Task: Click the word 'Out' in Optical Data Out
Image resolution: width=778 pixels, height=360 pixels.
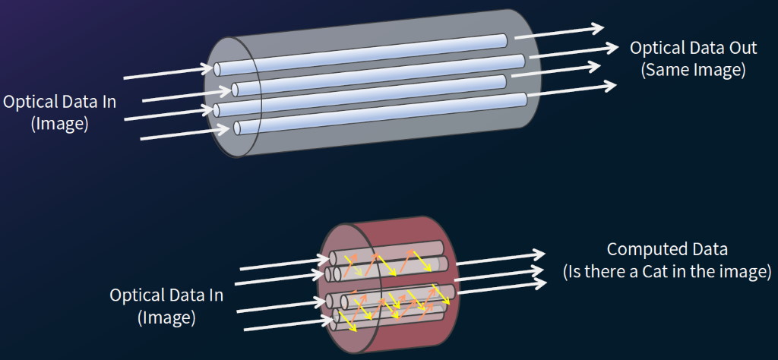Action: pyautogui.click(x=741, y=48)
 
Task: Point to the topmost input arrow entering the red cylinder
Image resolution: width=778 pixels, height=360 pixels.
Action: pyautogui.click(x=277, y=264)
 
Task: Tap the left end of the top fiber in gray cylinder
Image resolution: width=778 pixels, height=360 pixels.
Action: pyautogui.click(x=218, y=70)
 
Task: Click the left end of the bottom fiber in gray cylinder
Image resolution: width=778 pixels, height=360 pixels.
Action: pyautogui.click(x=238, y=127)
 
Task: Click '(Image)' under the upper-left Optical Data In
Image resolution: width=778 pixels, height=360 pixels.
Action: pyautogui.click(x=59, y=124)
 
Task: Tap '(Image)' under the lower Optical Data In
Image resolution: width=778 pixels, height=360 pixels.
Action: pyautogui.click(x=166, y=317)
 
